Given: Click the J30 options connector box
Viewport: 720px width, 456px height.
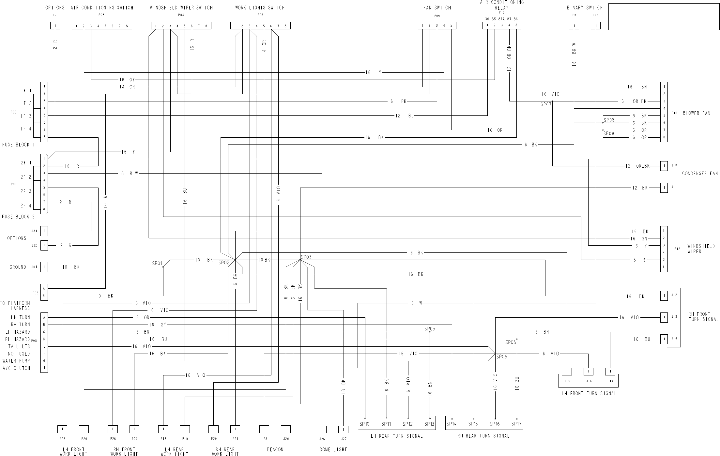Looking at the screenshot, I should click(55, 26).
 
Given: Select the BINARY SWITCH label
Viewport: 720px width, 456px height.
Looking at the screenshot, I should click(585, 8).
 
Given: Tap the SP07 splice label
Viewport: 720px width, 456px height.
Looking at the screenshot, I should click(546, 105).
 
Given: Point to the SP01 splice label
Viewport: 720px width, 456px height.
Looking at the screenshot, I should click(157, 263).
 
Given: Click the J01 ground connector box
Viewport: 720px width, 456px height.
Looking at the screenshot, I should click(44, 267).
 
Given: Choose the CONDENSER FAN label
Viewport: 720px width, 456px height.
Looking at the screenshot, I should click(700, 174).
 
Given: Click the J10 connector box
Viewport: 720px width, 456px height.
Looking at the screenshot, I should click(664, 166).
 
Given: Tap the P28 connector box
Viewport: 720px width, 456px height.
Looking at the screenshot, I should click(62, 429).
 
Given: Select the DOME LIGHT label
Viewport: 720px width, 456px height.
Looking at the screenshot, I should click(333, 449).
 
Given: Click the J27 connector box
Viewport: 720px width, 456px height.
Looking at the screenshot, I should click(343, 429).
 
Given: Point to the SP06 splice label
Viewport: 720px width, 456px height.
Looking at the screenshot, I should click(502, 357).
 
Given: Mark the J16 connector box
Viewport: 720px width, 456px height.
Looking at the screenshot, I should click(589, 372).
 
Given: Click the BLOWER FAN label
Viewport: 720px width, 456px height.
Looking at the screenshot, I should click(696, 113).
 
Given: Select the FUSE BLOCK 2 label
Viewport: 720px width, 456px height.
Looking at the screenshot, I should click(18, 217).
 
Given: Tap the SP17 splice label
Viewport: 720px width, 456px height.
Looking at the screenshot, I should click(516, 424).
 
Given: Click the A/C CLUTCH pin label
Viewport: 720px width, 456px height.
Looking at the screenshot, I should click(16, 368).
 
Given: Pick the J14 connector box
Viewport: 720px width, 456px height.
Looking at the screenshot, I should click(664, 339).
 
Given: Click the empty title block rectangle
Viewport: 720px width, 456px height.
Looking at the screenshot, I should click(664, 17).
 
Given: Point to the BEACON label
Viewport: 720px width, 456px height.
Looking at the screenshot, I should click(275, 449).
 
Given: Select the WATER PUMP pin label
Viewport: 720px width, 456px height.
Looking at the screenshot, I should click(16, 361).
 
